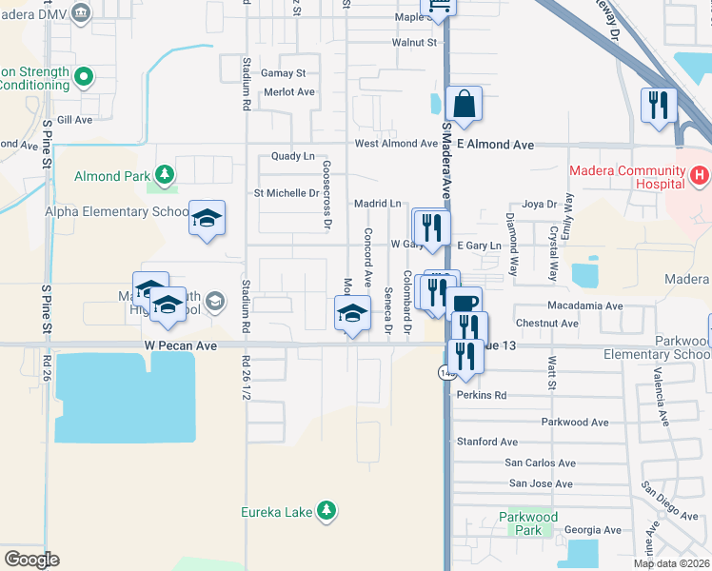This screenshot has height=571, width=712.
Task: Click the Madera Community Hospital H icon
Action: (x=699, y=175)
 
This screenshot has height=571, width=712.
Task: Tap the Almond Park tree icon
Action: (x=166, y=175)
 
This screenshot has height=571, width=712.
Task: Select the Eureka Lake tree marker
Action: (x=326, y=512)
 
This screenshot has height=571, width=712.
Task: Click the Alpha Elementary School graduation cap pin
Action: (x=207, y=218)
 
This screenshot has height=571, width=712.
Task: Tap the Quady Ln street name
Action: (x=292, y=156)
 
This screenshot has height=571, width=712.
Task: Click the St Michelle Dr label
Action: (x=286, y=193)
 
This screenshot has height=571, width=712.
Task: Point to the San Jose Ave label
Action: (x=541, y=483)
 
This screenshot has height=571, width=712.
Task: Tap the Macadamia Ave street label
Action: (x=584, y=306)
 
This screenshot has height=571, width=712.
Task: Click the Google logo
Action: (x=31, y=560)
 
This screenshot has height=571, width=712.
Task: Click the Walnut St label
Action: (x=414, y=42)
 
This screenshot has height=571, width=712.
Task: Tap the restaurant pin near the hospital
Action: (x=658, y=106)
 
